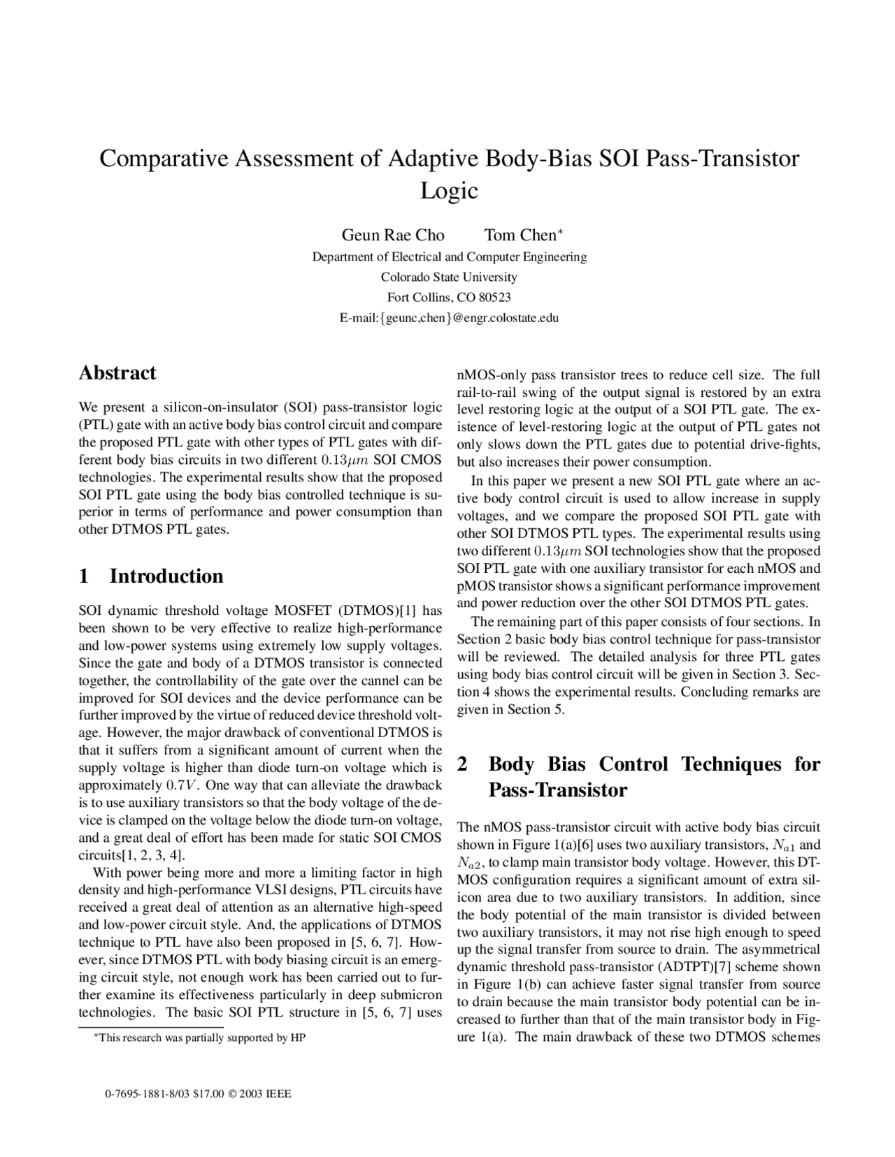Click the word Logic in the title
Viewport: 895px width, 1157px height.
(448, 190)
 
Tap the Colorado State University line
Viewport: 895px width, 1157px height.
(449, 277)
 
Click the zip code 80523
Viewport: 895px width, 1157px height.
(494, 298)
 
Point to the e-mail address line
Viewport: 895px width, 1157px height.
(449, 318)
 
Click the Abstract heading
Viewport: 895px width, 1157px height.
(117, 372)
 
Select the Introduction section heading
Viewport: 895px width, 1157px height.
(166, 576)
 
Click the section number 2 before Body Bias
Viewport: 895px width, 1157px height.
(462, 764)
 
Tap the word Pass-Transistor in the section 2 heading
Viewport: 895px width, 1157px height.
(557, 790)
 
